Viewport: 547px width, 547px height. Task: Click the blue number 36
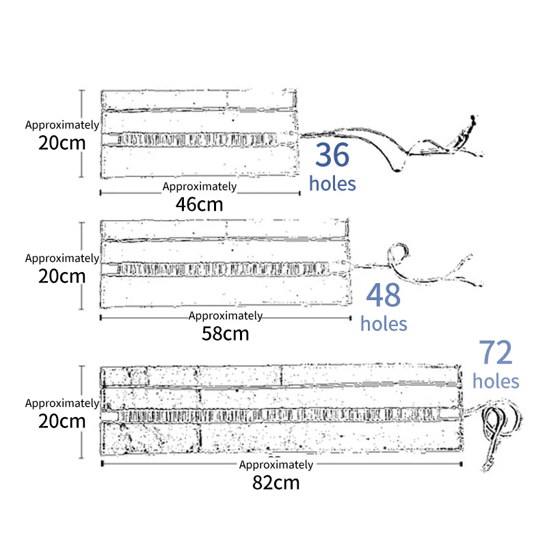pos(332,156)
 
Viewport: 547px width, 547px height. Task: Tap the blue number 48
pos(383,295)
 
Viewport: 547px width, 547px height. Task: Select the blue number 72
pos(495,353)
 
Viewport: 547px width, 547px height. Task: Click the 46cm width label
pos(200,204)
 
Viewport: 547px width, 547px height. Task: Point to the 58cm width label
pos(226,334)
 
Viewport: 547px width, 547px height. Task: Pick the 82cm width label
pos(276,482)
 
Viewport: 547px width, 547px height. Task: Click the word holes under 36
pos(332,183)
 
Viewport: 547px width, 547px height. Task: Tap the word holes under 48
pos(383,323)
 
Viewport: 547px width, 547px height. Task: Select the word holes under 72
pos(496,381)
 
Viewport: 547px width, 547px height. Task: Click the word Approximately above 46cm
pos(200,187)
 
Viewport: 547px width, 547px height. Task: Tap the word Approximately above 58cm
pos(226,316)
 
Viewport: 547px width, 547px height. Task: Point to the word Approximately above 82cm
pos(276,465)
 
